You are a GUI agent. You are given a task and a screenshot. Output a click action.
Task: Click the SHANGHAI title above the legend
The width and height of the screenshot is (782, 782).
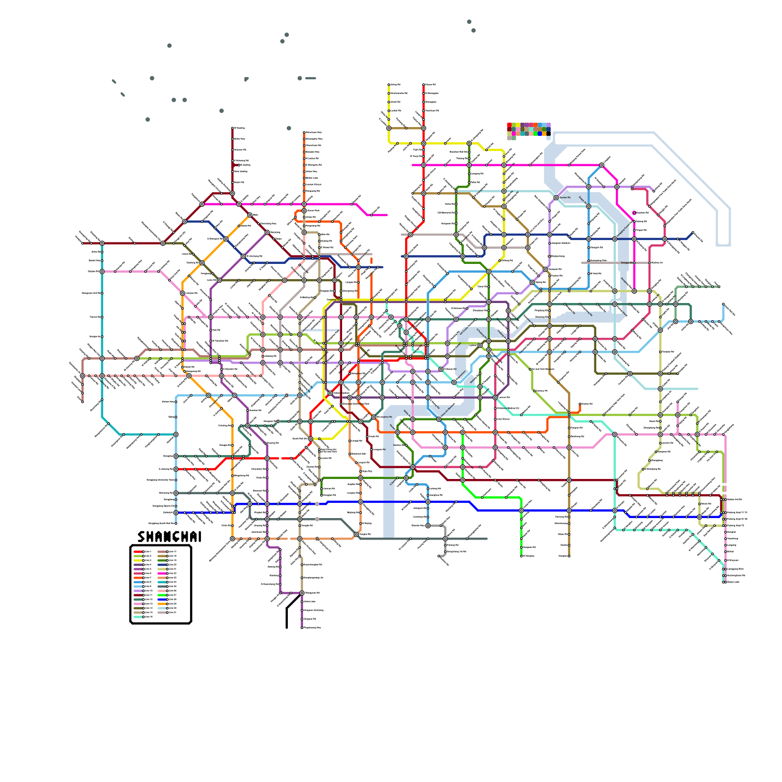tap(169, 537)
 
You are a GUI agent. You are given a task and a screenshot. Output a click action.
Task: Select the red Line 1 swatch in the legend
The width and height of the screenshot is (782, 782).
tap(138, 552)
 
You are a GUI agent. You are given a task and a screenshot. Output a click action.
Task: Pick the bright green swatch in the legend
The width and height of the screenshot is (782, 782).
tap(162, 595)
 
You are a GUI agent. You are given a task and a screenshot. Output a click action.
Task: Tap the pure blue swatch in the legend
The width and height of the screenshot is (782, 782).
tap(162, 599)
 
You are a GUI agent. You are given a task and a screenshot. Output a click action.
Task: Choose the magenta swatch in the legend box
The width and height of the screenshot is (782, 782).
tap(162, 573)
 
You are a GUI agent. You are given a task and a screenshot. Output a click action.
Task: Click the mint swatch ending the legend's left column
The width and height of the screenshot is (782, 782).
tap(138, 617)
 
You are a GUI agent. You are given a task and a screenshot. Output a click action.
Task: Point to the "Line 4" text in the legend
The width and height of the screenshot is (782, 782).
tap(148, 565)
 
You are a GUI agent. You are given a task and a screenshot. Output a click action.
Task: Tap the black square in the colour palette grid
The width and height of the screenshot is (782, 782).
tap(548, 133)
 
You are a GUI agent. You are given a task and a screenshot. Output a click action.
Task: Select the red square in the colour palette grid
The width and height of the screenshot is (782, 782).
tap(509, 125)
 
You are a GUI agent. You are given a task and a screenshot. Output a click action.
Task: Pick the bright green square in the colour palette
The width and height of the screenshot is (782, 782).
tap(535, 133)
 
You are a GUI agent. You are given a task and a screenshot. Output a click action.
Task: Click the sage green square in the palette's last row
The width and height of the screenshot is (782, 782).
tap(514, 138)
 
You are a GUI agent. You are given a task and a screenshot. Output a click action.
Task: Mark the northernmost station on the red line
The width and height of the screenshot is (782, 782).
tap(424, 85)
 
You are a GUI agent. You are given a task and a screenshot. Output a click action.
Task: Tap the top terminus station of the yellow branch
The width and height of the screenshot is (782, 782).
tap(389, 85)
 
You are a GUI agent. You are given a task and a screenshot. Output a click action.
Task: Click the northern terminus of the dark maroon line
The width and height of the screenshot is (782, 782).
tap(232, 128)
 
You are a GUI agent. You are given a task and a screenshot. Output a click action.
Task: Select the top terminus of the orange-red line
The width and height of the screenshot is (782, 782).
tap(304, 132)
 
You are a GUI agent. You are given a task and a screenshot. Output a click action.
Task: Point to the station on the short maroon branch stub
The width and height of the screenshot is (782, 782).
tap(239, 165)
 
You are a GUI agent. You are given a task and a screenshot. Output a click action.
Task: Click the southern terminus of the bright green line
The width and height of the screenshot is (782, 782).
tap(521, 556)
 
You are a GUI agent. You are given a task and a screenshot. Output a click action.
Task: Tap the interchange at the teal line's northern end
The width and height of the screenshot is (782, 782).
tap(102, 243)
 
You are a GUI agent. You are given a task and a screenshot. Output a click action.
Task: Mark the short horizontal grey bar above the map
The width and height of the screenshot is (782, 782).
tap(311, 78)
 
